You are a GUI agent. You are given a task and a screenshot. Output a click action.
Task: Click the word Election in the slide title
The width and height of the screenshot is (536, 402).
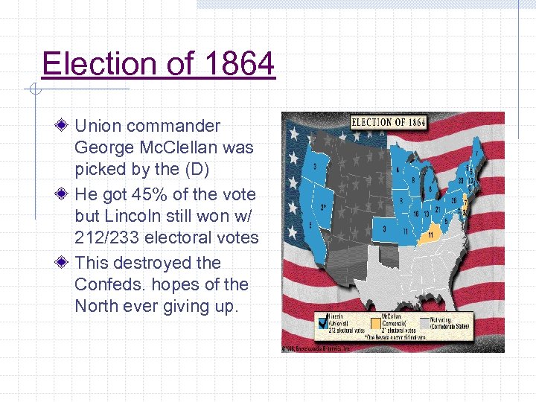coord(95,64)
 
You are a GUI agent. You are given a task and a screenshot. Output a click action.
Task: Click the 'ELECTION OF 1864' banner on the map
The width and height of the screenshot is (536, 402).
coord(388,122)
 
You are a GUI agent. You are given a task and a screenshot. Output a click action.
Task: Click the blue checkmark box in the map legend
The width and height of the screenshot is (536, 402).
coord(322,322)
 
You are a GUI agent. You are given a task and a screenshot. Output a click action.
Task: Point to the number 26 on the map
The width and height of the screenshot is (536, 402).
coord(453,200)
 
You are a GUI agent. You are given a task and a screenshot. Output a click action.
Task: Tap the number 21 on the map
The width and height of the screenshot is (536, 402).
coord(438,209)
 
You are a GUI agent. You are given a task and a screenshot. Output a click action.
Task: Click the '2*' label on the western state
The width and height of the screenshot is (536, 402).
coord(323,207)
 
